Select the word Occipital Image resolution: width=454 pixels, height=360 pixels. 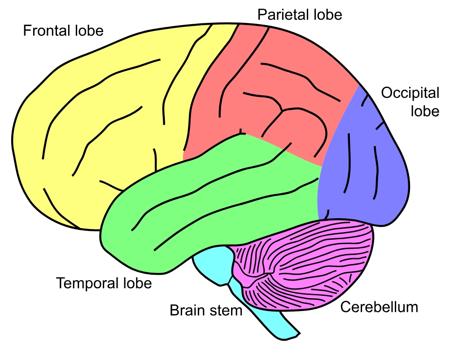tap(410, 93)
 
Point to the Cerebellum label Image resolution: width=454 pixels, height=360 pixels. tap(379, 307)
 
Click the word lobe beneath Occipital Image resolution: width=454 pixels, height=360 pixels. tap(425, 110)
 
